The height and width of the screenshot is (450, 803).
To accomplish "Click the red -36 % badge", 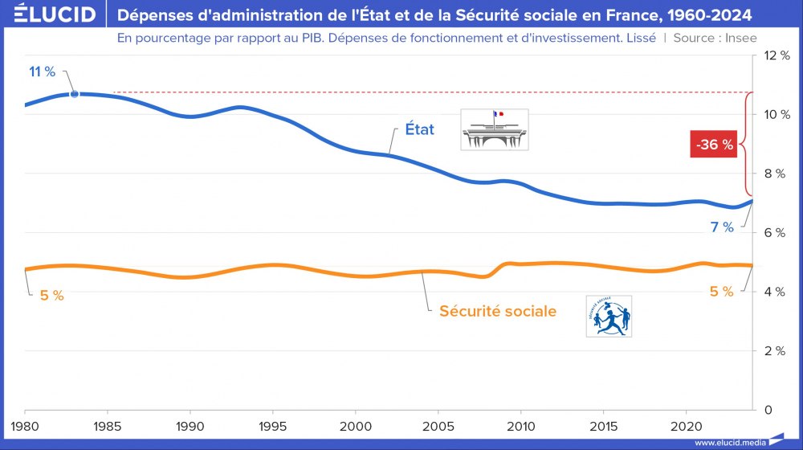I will [x=713, y=145].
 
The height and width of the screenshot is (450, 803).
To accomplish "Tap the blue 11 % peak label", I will [x=42, y=72].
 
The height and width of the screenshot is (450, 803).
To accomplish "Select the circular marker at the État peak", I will [x=75, y=94].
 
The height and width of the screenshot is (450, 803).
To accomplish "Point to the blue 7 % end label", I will [x=722, y=227].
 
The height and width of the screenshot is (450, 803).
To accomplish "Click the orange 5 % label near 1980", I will [x=51, y=295].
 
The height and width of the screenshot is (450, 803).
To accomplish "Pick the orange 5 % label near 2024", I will [x=721, y=292].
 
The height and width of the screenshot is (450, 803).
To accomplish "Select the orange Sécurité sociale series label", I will [x=497, y=311].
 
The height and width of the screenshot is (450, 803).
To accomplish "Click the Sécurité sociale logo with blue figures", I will [x=609, y=316].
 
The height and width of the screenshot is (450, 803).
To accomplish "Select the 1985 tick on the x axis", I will [x=108, y=424].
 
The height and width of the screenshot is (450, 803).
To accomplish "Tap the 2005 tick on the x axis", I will [x=438, y=424].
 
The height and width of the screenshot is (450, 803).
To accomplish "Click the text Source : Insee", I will [x=715, y=38].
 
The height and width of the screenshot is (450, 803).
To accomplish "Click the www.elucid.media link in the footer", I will [x=728, y=443].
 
